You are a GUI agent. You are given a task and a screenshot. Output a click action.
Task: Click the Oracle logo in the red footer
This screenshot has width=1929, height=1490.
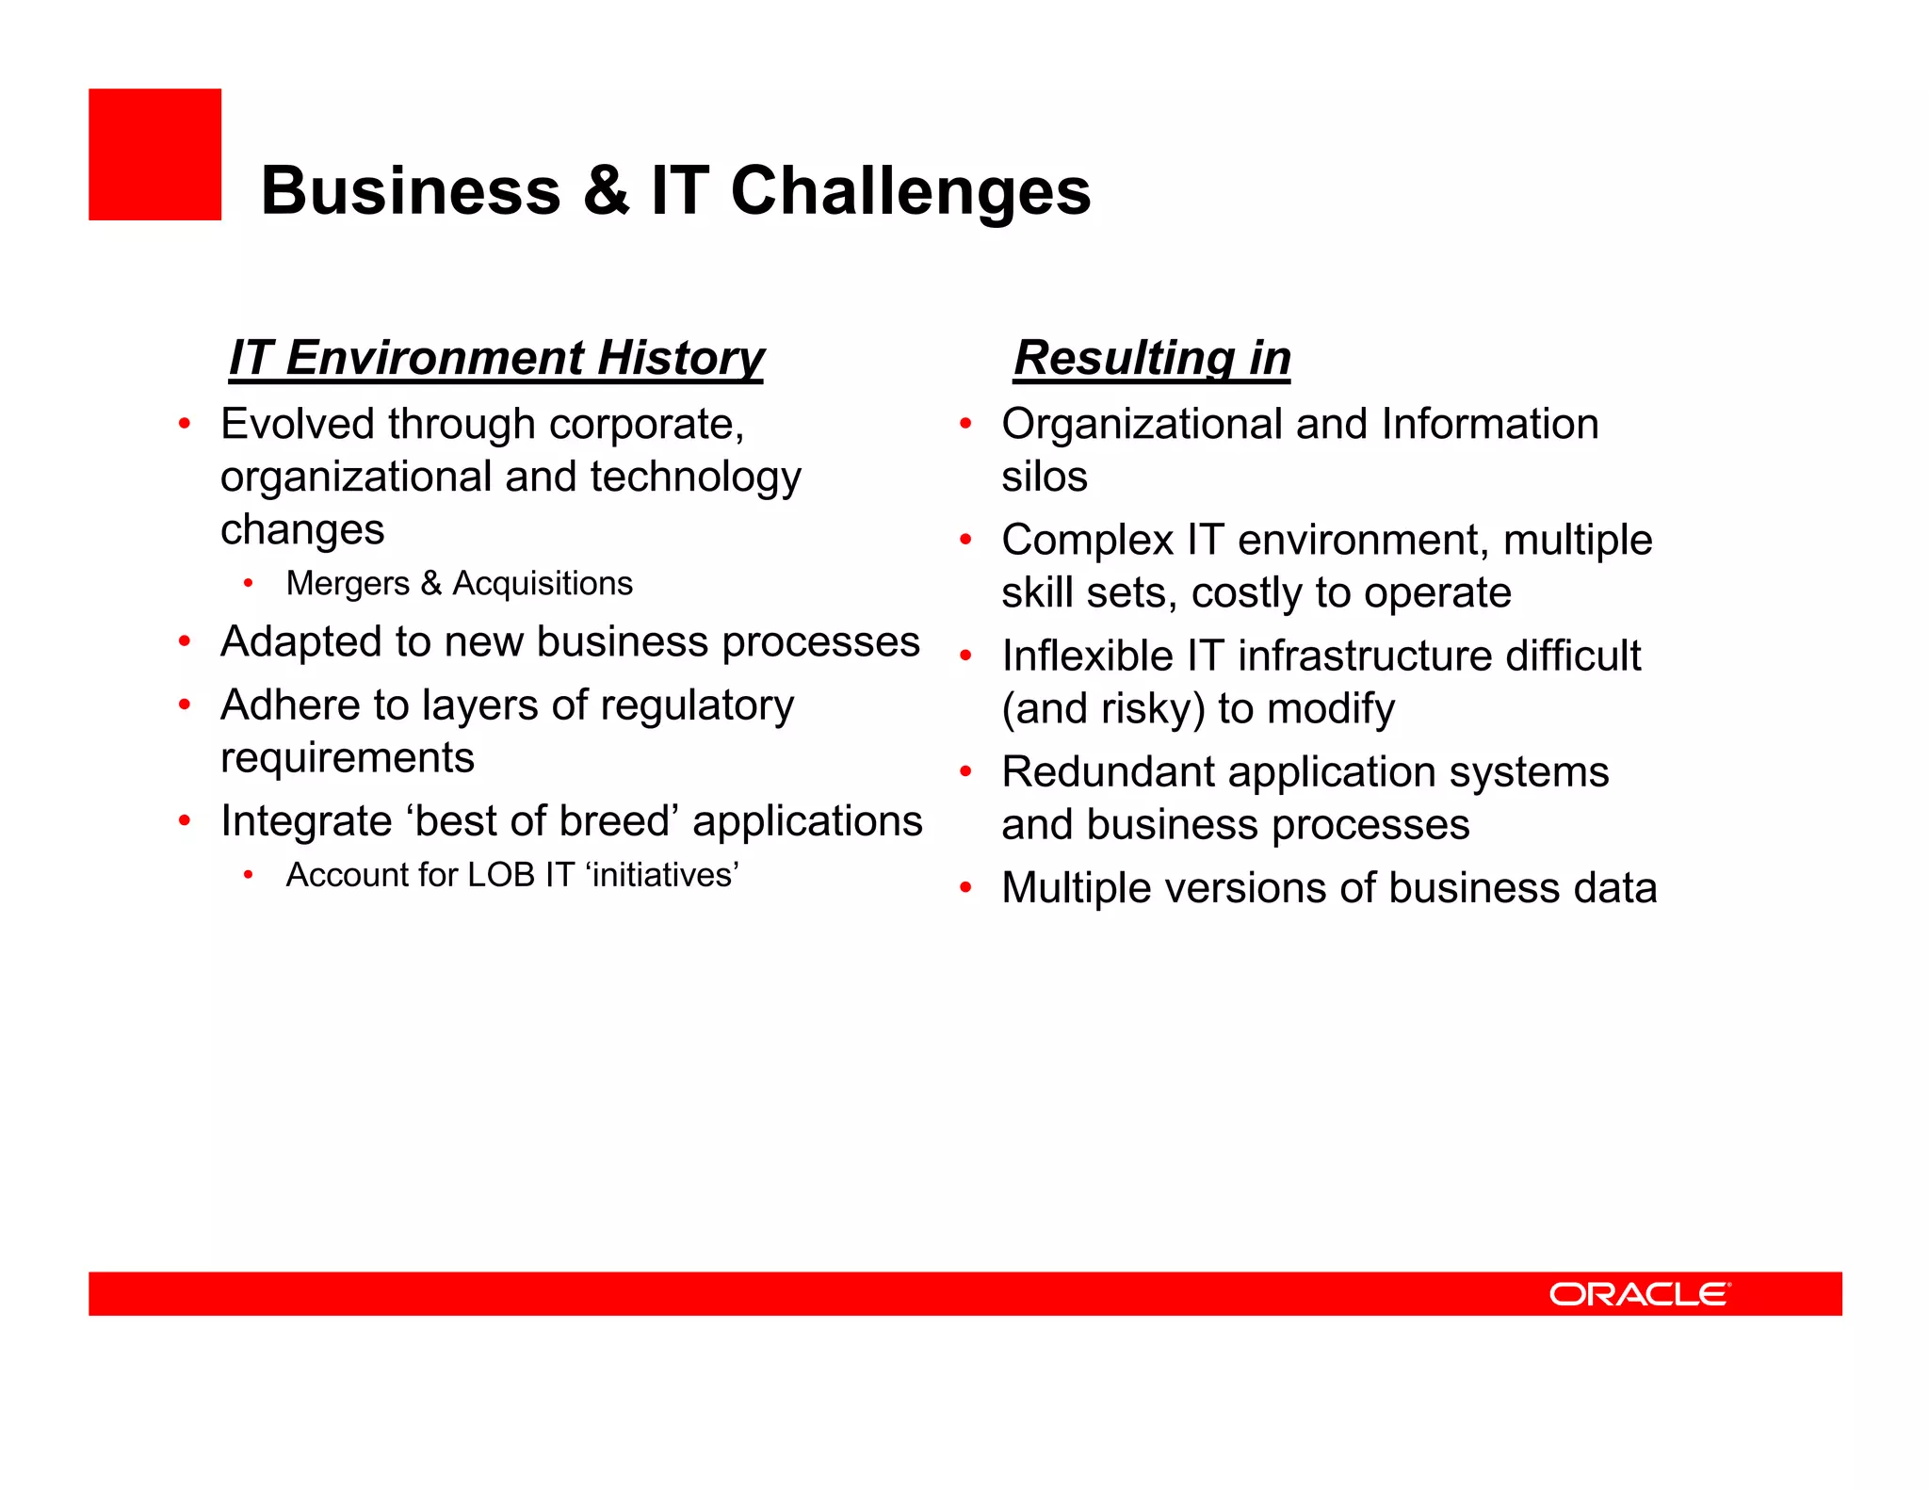1639,1294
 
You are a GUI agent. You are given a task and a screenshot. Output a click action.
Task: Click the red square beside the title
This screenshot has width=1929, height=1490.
154,154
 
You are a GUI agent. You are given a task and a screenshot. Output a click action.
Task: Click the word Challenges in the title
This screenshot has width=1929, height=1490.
910,191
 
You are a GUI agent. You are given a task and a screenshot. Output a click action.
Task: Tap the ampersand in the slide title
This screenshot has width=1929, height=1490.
605,191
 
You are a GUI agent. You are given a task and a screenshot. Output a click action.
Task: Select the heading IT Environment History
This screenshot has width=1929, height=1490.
496,358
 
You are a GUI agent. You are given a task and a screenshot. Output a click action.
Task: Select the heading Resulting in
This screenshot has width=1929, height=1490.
1151,358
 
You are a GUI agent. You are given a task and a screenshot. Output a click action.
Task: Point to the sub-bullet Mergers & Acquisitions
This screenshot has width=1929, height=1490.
459,583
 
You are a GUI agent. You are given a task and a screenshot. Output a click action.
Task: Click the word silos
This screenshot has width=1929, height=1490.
1044,477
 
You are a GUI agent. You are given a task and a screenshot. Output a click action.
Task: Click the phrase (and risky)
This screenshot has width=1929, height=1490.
1103,709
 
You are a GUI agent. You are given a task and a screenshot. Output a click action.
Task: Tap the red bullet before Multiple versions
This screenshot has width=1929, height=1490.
964,888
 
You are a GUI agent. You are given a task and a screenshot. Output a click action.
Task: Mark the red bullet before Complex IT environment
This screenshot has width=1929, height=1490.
964,541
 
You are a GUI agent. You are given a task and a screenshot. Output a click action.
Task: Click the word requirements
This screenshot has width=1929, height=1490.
347,758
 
